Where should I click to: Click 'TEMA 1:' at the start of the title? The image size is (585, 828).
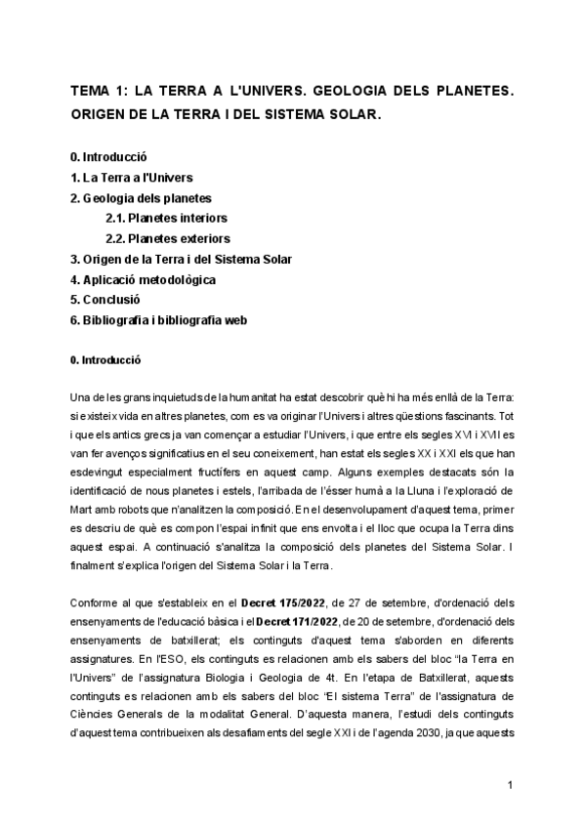[x=98, y=91]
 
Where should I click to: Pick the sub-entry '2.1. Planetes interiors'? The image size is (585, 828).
[x=167, y=219]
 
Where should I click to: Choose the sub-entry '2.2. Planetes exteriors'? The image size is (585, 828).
[x=168, y=238]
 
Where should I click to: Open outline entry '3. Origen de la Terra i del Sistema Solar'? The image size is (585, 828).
[x=181, y=259]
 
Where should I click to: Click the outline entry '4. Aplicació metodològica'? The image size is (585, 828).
[x=143, y=279]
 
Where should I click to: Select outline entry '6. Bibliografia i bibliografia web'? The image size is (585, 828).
[x=166, y=320]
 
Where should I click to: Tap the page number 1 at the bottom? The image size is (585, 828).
[x=511, y=785]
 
